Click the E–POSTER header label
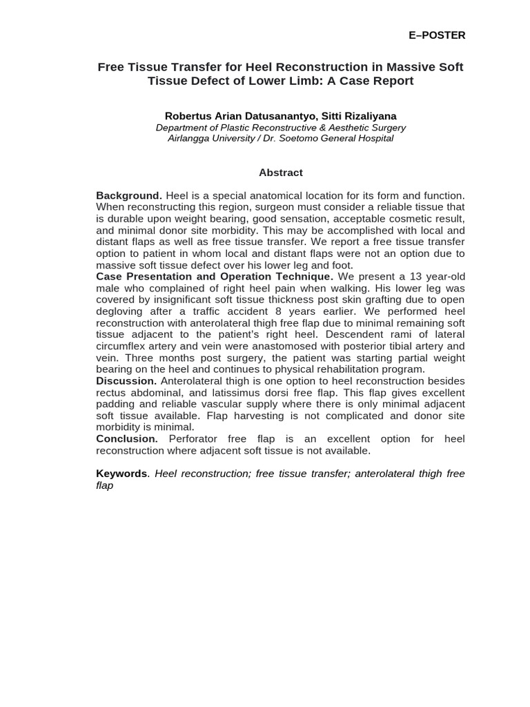[x=438, y=35]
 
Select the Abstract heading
[x=281, y=173]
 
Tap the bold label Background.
[x=128, y=196]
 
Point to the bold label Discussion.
[x=126, y=381]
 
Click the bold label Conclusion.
[x=127, y=439]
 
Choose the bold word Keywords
[x=121, y=474]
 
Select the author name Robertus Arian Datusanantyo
[x=237, y=116]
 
